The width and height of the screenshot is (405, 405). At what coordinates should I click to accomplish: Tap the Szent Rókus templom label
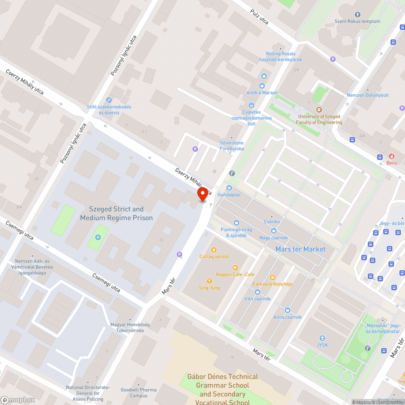point(357,21)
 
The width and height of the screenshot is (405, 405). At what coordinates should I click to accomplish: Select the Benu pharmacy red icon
point(392,156)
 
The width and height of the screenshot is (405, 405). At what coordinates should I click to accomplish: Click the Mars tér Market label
point(300,249)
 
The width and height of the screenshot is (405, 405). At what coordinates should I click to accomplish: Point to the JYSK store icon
point(322,338)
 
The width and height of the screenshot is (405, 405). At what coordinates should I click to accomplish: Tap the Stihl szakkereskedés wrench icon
point(109,100)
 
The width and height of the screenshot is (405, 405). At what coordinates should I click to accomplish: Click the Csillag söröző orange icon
point(214,249)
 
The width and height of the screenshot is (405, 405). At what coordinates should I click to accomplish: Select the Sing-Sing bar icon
point(209,281)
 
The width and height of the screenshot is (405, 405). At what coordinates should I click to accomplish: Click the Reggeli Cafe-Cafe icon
point(235,267)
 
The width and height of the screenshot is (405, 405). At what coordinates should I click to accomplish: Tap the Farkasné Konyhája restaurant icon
point(272,277)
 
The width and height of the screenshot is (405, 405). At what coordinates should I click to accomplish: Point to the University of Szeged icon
point(319,109)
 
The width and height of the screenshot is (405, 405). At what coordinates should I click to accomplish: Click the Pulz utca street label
point(260,17)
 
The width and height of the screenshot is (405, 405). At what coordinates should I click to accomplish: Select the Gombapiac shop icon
point(229,188)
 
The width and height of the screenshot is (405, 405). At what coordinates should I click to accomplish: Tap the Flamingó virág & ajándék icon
point(237,222)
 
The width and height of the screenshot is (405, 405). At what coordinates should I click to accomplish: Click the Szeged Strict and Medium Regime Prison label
point(116,213)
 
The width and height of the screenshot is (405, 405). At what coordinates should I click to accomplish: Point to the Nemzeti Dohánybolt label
point(368,95)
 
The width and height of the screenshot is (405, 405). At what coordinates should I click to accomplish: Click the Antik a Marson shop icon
point(262,86)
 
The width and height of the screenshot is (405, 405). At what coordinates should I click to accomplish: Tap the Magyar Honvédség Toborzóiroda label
point(130,327)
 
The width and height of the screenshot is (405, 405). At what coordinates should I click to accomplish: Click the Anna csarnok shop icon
point(287,310)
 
